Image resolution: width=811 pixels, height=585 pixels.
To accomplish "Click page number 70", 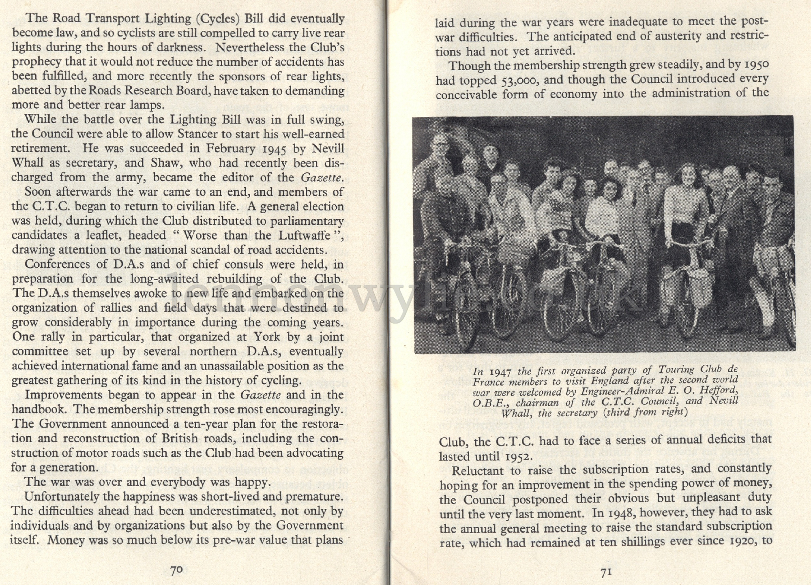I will [176, 570].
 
